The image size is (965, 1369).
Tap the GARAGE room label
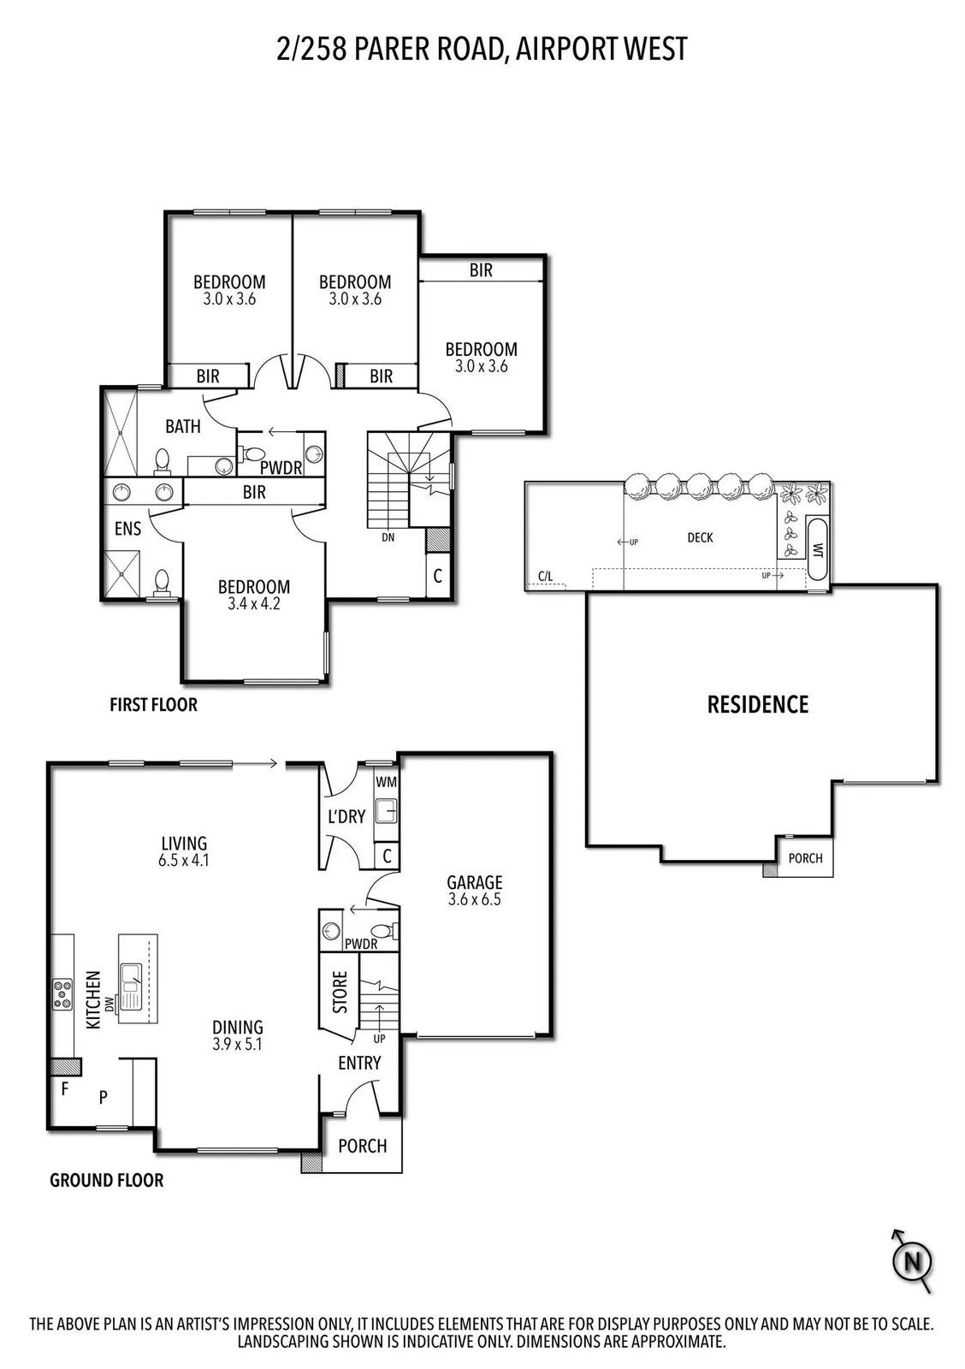[x=474, y=882]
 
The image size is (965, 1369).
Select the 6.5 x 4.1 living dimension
[x=183, y=861]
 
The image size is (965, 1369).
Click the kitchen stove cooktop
[x=62, y=994]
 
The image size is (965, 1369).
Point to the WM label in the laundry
[x=386, y=782]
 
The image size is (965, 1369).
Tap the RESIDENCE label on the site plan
[x=758, y=705]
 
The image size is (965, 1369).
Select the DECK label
[x=700, y=538]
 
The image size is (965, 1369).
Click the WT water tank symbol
[x=817, y=548]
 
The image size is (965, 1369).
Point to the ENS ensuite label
[x=127, y=528]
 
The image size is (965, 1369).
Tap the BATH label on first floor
[x=183, y=426]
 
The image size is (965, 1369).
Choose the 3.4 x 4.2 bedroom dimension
[x=253, y=604]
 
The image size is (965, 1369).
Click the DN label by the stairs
[x=388, y=538]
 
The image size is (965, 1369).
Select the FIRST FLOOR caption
[x=153, y=705]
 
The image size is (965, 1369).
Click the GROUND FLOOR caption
[x=106, y=1180]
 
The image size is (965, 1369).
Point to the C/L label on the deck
[x=545, y=576]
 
